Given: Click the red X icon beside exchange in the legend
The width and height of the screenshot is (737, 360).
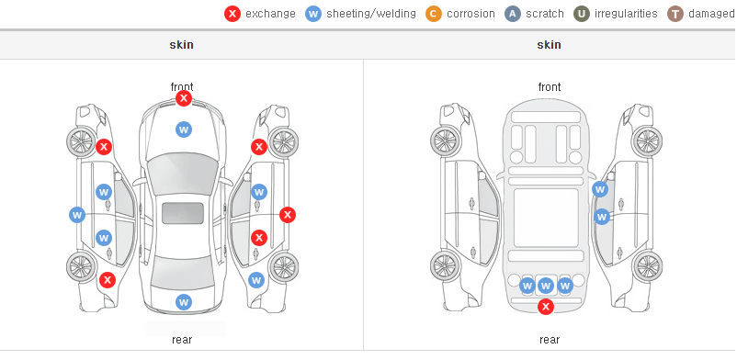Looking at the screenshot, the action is click(232, 14).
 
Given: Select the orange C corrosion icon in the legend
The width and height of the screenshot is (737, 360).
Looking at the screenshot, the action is click(434, 14).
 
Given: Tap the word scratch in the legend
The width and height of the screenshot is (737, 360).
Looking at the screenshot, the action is click(545, 14).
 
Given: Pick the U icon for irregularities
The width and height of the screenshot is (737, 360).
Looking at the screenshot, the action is click(582, 14).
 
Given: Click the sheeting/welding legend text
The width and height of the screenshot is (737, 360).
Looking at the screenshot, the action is click(371, 14).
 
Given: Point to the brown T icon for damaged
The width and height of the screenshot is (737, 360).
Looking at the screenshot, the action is click(675, 14).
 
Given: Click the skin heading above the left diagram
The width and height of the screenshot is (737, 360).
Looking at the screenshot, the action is click(181, 45).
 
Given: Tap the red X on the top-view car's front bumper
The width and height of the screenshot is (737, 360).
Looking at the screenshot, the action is click(184, 98).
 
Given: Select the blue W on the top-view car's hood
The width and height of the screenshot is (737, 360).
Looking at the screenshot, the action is click(184, 129).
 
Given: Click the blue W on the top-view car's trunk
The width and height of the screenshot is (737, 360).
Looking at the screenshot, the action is click(184, 302).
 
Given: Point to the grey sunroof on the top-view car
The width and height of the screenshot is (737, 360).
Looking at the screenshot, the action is click(183, 213).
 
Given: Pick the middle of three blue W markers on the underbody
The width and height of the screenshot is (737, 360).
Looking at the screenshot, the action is click(546, 286).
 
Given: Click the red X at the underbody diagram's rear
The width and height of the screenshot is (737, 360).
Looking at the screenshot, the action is click(546, 307).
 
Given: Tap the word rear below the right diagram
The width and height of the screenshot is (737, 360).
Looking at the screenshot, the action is click(550, 340).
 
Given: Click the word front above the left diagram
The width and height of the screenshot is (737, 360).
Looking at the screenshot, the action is click(182, 86).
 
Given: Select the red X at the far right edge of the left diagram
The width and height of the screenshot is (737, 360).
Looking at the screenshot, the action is click(288, 215).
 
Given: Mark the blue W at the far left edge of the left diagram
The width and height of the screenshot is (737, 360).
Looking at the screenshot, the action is click(77, 215).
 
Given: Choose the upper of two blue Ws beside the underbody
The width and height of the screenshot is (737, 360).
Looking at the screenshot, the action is click(600, 189).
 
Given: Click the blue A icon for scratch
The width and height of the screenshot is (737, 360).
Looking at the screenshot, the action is click(513, 14).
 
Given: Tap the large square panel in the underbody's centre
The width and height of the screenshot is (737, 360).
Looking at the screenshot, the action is click(546, 218).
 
